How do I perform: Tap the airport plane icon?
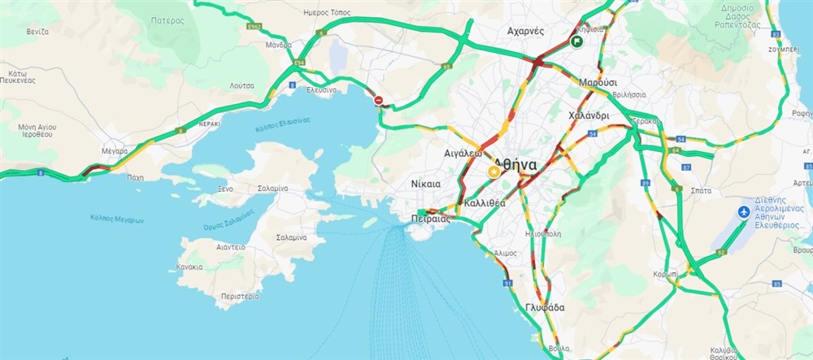742,212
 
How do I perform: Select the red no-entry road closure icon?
379,100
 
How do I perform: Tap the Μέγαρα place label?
114,151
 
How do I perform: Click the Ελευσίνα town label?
321,89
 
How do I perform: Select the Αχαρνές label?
525,31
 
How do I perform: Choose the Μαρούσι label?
598,83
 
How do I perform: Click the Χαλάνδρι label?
589,115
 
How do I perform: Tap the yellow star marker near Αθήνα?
493,172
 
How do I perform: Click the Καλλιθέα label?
485,203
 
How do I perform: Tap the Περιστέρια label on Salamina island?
240,297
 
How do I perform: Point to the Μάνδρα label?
278,46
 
